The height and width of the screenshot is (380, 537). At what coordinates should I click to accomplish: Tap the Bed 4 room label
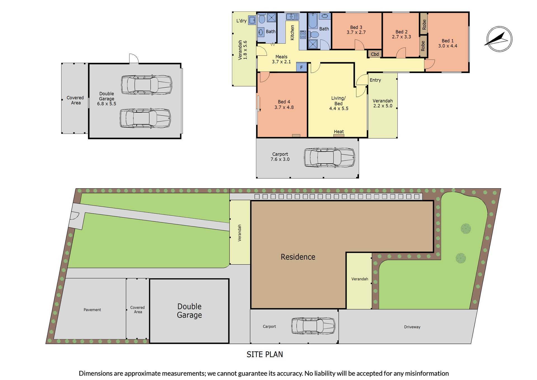[x=284, y=102]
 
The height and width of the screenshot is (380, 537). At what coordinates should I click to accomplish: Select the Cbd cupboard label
[x=375, y=54]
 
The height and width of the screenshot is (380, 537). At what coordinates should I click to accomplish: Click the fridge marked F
[x=302, y=67]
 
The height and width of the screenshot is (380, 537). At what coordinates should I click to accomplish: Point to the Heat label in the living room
[x=339, y=132]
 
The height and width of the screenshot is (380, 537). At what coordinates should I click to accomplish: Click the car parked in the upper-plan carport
[x=329, y=157]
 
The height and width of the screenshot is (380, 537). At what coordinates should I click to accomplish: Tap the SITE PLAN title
[x=265, y=355]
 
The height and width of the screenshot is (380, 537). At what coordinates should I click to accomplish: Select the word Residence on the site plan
[x=298, y=257]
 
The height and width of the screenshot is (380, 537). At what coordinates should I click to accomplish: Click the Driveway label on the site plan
[x=412, y=327]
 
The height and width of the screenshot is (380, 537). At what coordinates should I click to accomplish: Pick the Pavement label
[x=92, y=310]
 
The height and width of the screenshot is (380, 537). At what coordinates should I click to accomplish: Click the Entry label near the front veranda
[x=375, y=80]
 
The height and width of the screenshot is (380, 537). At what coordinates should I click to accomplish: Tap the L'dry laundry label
[x=241, y=21]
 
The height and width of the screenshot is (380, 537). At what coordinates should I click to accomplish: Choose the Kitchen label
[x=292, y=32]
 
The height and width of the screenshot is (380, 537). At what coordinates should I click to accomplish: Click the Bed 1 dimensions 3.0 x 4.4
[x=447, y=46]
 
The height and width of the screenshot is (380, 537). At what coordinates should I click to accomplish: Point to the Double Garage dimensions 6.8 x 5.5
[x=107, y=104]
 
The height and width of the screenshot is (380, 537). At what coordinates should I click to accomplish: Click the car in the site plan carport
[x=313, y=326]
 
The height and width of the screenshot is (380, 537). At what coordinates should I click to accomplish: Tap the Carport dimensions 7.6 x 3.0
[x=280, y=159]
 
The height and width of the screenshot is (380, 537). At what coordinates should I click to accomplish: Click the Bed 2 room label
[x=401, y=32]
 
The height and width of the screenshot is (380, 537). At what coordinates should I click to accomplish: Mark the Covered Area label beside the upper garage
[x=75, y=100]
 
